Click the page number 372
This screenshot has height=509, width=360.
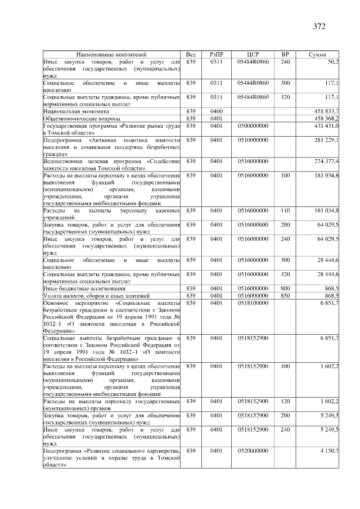(x=319, y=26)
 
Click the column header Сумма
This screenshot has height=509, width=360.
(x=319, y=53)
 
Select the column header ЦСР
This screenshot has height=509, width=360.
(x=253, y=53)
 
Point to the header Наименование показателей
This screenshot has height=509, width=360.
(x=112, y=53)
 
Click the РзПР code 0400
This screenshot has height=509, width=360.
(x=217, y=111)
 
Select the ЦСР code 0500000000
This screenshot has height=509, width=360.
(x=253, y=127)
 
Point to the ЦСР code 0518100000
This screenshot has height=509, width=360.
(x=253, y=303)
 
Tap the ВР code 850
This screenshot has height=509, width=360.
(x=285, y=296)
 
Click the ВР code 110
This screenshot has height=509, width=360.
(x=285, y=210)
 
